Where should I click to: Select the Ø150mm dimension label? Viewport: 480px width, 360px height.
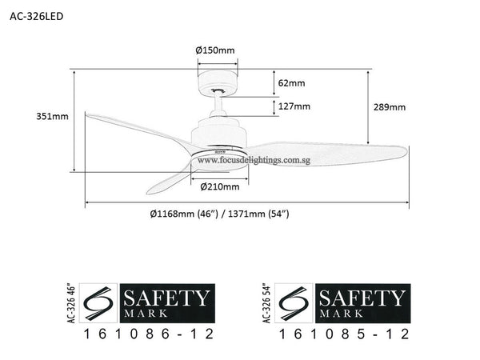click(216, 50)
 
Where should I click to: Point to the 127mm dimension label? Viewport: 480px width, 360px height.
click(294, 106)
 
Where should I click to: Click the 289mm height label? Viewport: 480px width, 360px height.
click(390, 107)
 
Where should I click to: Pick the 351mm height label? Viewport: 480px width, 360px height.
click(54, 117)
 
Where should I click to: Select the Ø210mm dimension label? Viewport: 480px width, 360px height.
click(219, 187)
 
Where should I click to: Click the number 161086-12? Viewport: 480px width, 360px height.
click(149, 334)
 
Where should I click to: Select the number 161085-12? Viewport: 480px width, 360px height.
click(344, 334)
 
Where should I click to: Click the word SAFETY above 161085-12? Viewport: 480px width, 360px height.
click(362, 299)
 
